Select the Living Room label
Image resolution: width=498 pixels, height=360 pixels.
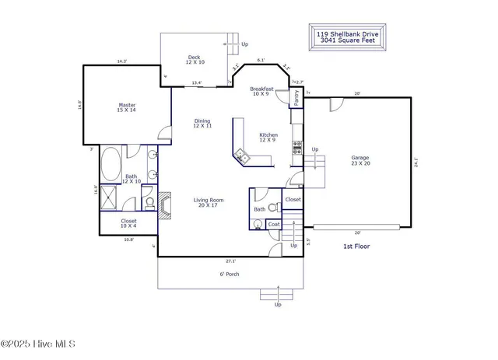(x=209, y=203)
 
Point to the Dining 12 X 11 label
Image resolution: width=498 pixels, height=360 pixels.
(x=202, y=124)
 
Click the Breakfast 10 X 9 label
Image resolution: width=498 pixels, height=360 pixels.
(x=260, y=92)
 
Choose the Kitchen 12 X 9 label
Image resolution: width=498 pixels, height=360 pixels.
(x=268, y=137)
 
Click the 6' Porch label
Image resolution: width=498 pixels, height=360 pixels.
(x=228, y=274)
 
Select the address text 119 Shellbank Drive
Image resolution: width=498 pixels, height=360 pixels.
(x=346, y=34)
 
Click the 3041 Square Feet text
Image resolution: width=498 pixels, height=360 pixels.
(x=346, y=41)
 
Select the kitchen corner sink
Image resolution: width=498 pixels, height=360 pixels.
(x=242, y=156)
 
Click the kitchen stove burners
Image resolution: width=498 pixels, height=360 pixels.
(x=296, y=147)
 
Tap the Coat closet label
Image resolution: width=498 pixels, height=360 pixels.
(x=273, y=225)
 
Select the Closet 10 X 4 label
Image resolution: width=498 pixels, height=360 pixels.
(x=129, y=224)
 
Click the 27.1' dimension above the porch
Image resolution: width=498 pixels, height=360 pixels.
(x=230, y=260)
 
